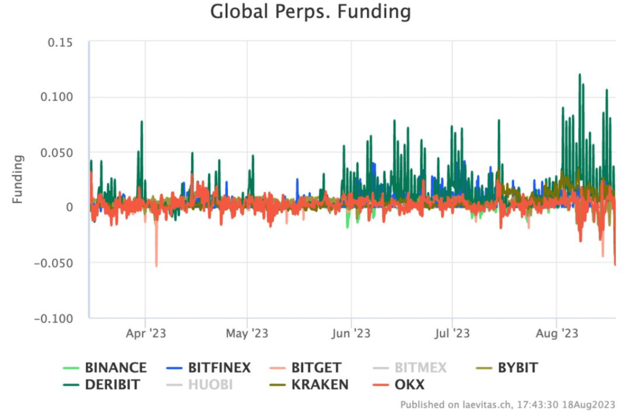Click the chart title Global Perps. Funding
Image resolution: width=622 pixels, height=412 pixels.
310,12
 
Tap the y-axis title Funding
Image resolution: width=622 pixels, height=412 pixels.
17,179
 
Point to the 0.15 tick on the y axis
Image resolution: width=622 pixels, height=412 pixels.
60,43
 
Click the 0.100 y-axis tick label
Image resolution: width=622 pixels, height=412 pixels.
57,97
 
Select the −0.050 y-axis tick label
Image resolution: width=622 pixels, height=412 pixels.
54,263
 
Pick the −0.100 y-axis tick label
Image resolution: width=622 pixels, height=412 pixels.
54,319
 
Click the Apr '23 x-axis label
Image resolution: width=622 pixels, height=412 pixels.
146,333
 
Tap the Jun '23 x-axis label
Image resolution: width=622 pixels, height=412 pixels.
351,333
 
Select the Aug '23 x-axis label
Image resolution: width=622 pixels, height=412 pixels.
557,333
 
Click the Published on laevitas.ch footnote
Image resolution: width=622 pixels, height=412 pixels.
507,405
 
